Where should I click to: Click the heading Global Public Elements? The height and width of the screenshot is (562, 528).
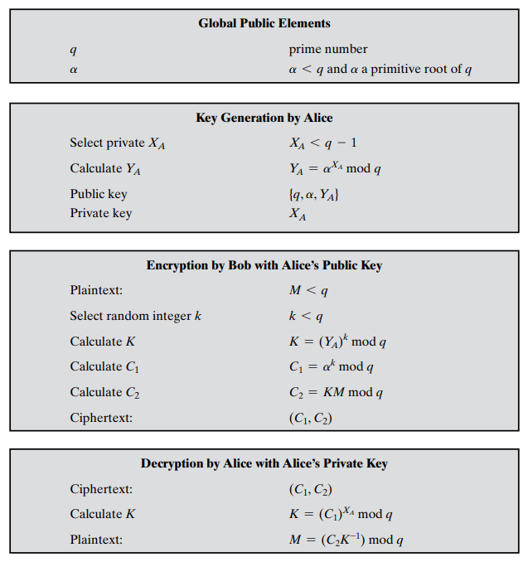click(264, 23)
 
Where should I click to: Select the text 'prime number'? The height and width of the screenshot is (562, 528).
click(327, 49)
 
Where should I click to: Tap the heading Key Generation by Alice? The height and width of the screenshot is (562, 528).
click(264, 118)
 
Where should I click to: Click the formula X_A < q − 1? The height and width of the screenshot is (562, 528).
click(323, 143)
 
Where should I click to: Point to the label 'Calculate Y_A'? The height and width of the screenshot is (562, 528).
click(105, 169)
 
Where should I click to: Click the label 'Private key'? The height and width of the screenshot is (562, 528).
click(100, 213)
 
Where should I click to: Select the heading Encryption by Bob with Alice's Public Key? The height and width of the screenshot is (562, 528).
click(264, 265)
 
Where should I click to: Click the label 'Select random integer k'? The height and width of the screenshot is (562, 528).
click(135, 316)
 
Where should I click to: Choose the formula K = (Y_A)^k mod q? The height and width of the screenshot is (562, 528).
click(337, 342)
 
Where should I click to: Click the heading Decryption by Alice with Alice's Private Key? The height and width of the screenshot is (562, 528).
click(264, 463)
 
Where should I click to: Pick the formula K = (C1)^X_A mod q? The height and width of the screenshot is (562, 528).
click(341, 514)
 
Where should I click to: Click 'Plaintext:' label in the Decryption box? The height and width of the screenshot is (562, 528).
click(96, 540)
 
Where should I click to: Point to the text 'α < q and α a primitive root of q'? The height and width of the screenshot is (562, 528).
click(380, 69)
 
